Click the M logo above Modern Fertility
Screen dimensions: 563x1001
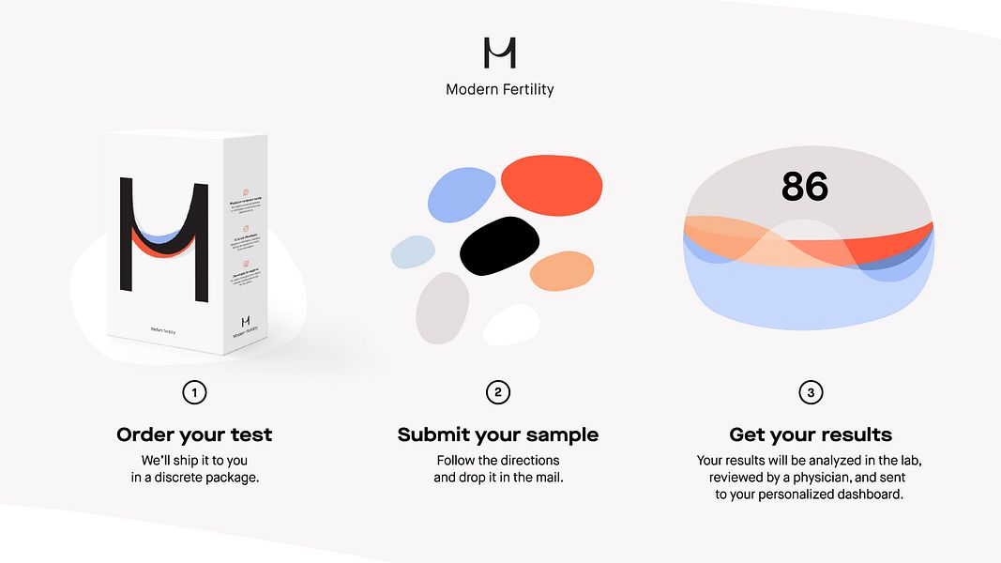click(x=500, y=53)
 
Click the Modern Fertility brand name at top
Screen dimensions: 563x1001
click(x=500, y=90)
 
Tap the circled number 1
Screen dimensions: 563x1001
click(x=194, y=392)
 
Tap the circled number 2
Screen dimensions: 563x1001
click(x=498, y=392)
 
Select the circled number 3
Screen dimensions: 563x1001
click(x=811, y=392)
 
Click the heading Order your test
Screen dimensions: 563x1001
click(x=194, y=434)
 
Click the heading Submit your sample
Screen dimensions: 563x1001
click(x=498, y=434)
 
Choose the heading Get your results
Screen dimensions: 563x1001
click(x=811, y=434)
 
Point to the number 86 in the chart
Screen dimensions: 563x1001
click(x=805, y=187)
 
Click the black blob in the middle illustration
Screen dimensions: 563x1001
click(x=499, y=246)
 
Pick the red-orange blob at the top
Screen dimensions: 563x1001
click(x=551, y=183)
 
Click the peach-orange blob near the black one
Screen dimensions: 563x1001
click(x=562, y=271)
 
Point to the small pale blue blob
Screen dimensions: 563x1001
click(x=413, y=252)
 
